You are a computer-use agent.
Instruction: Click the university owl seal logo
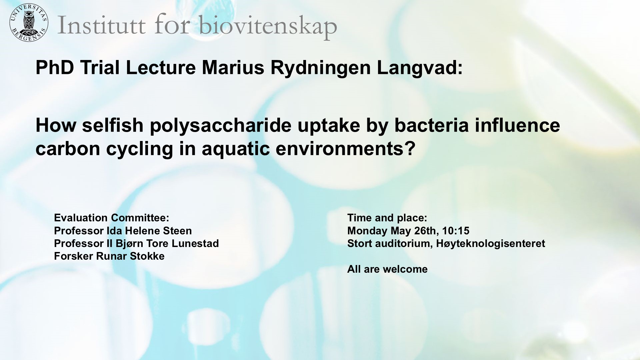tap(29, 23)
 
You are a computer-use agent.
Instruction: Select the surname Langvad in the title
tap(420, 67)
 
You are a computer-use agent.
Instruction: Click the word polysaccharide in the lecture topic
tap(221, 126)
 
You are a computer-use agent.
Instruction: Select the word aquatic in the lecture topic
tap(235, 149)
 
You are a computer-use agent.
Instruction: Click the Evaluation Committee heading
tap(112, 218)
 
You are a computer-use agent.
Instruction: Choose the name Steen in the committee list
tap(177, 231)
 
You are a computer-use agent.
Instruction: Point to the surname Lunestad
tap(195, 243)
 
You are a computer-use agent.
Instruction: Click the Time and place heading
tap(387, 218)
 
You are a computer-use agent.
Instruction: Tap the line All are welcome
tap(387, 269)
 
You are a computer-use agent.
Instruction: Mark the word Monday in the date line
tap(367, 231)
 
